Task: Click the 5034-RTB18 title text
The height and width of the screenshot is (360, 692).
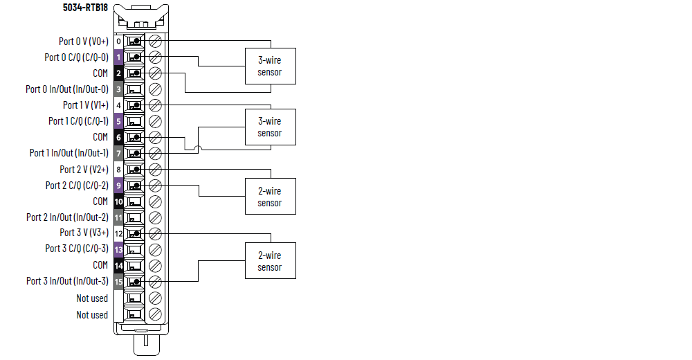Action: click(x=85, y=8)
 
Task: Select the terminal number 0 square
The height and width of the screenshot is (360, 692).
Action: click(x=118, y=42)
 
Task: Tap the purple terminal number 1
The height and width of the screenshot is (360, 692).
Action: click(x=118, y=57)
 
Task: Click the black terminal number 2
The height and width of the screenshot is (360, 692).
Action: click(x=118, y=73)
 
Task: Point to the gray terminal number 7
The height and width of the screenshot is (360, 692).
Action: click(x=118, y=153)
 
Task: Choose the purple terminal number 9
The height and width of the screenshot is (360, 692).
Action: click(x=118, y=186)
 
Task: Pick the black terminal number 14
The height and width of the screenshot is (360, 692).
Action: click(x=118, y=265)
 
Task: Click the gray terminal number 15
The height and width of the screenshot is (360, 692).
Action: click(x=118, y=282)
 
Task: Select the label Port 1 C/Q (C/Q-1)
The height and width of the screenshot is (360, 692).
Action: click(x=78, y=121)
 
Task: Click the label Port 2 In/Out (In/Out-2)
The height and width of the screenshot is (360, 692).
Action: click(x=67, y=217)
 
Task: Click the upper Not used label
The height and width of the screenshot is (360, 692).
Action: click(x=92, y=298)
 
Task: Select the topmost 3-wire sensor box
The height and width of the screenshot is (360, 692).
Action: click(x=271, y=66)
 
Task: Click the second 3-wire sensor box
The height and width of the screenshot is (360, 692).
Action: click(x=271, y=127)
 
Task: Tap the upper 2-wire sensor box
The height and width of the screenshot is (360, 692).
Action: click(x=271, y=197)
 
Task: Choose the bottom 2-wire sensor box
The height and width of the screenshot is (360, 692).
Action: click(x=271, y=261)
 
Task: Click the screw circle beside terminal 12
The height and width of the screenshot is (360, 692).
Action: click(x=156, y=233)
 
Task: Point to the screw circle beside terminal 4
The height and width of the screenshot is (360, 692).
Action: click(x=156, y=105)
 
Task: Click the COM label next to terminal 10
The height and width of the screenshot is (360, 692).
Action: click(x=100, y=201)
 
